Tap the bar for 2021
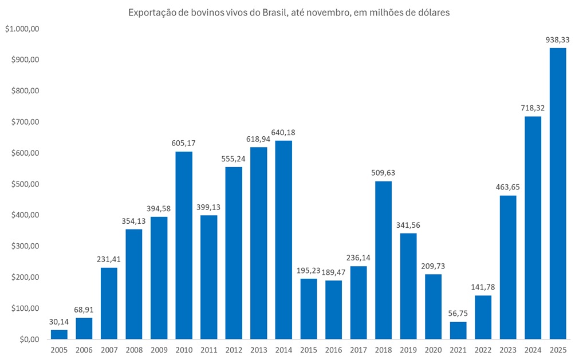(x=458, y=330)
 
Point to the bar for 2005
(x=59, y=334)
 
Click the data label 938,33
(x=558, y=39)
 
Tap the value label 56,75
(x=458, y=313)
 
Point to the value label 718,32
(x=533, y=108)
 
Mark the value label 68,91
(x=84, y=309)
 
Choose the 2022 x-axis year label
(x=483, y=350)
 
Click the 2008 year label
(x=134, y=350)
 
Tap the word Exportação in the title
(x=151, y=12)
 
